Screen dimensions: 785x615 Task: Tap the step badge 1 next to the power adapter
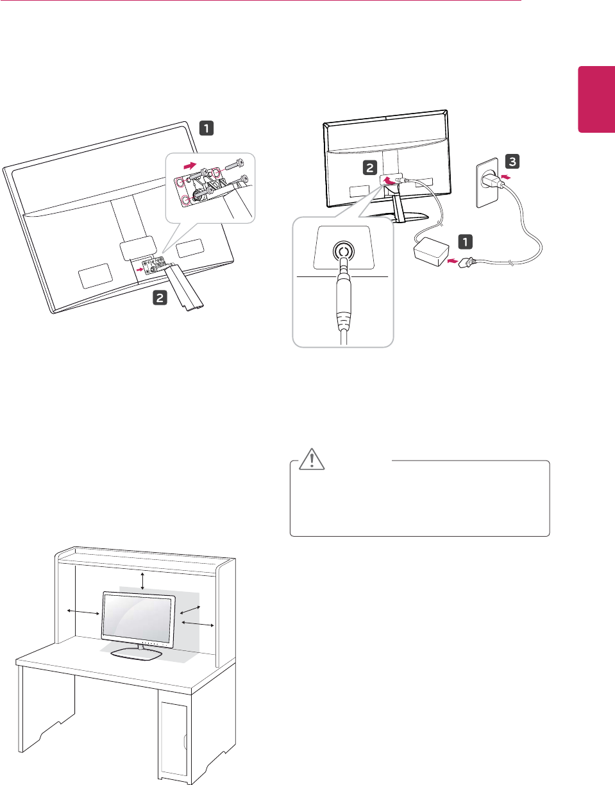coord(466,242)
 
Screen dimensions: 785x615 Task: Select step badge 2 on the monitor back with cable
coord(370,169)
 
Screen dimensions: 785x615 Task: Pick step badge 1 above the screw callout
coord(206,128)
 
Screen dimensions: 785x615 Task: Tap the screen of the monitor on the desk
coord(138,617)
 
